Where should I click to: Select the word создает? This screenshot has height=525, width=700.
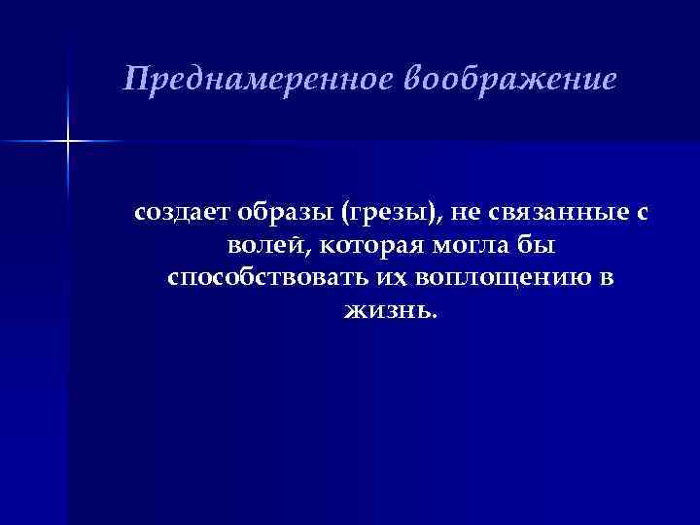point(178,213)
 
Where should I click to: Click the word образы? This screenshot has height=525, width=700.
point(281,213)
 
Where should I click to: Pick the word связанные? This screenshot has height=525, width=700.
point(549,213)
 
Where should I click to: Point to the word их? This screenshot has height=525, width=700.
point(388,279)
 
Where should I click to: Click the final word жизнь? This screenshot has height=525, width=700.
point(388,312)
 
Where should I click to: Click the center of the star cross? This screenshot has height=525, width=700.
point(68,142)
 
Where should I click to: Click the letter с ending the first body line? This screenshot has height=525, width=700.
point(642,214)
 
